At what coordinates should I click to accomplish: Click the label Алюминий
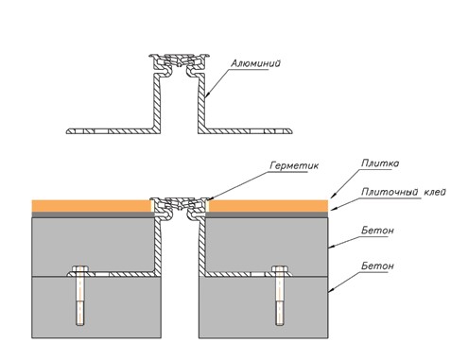pyautogui.click(x=255, y=63)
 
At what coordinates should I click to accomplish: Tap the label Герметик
pyautogui.click(x=294, y=165)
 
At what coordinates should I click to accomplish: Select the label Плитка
pyautogui.click(x=380, y=163)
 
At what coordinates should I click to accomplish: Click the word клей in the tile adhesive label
pyautogui.click(x=435, y=192)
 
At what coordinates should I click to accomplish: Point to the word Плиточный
pyautogui.click(x=390, y=192)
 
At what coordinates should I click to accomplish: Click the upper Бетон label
pyautogui.click(x=377, y=231)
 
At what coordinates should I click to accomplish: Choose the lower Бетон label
pyautogui.click(x=377, y=266)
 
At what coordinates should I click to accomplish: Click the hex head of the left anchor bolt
pyautogui.click(x=80, y=268)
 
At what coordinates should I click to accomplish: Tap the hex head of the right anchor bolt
pyautogui.click(x=280, y=268)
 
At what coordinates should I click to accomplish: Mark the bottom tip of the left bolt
pyautogui.click(x=80, y=325)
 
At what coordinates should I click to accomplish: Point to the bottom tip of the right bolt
pyautogui.click(x=280, y=325)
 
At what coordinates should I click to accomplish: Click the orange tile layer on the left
pyautogui.click(x=92, y=206)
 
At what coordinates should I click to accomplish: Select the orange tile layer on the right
pyautogui.click(x=269, y=206)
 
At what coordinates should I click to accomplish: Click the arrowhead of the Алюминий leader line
pyautogui.click(x=206, y=94)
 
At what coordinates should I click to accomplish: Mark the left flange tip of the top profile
pyautogui.click(x=66, y=131)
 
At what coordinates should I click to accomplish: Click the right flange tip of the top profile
pyautogui.click(x=292, y=131)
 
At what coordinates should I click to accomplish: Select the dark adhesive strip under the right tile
pyautogui.click(x=267, y=214)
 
